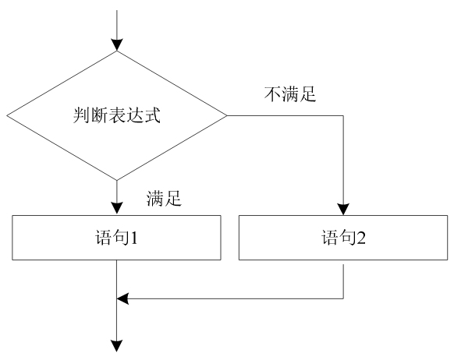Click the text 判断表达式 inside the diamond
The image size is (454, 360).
click(117, 115)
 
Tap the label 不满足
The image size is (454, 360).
click(290, 94)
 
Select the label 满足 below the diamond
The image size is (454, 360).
click(164, 199)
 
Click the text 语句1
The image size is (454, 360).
click(116, 238)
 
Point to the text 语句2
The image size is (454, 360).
click(343, 238)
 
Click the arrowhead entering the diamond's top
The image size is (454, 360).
click(117, 45)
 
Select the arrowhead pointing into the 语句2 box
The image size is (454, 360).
click(343, 209)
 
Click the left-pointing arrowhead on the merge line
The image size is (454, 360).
click(122, 298)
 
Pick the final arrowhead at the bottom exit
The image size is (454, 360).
click(117, 346)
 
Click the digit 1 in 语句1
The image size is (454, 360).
click(133, 238)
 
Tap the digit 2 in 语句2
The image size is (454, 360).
click(360, 238)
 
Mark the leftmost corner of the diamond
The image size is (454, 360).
click(7, 115)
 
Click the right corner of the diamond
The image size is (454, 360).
click(227, 115)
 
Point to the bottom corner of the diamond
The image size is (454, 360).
click(117, 180)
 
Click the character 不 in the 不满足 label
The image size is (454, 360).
click(272, 94)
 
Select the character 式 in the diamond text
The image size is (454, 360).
click(152, 115)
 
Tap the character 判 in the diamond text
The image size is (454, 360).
click(81, 115)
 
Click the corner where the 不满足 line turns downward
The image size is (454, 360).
click(343, 115)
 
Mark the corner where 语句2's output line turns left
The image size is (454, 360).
click(343, 298)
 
